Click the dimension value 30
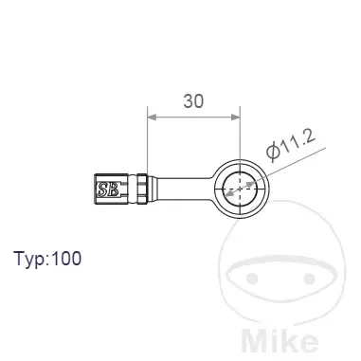193,101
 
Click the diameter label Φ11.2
291,144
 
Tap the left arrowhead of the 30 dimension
153,117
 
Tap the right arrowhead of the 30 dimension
236,117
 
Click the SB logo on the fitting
108,190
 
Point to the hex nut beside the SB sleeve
141,189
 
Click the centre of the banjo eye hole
241,190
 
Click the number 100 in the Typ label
66,258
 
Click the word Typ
29,260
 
